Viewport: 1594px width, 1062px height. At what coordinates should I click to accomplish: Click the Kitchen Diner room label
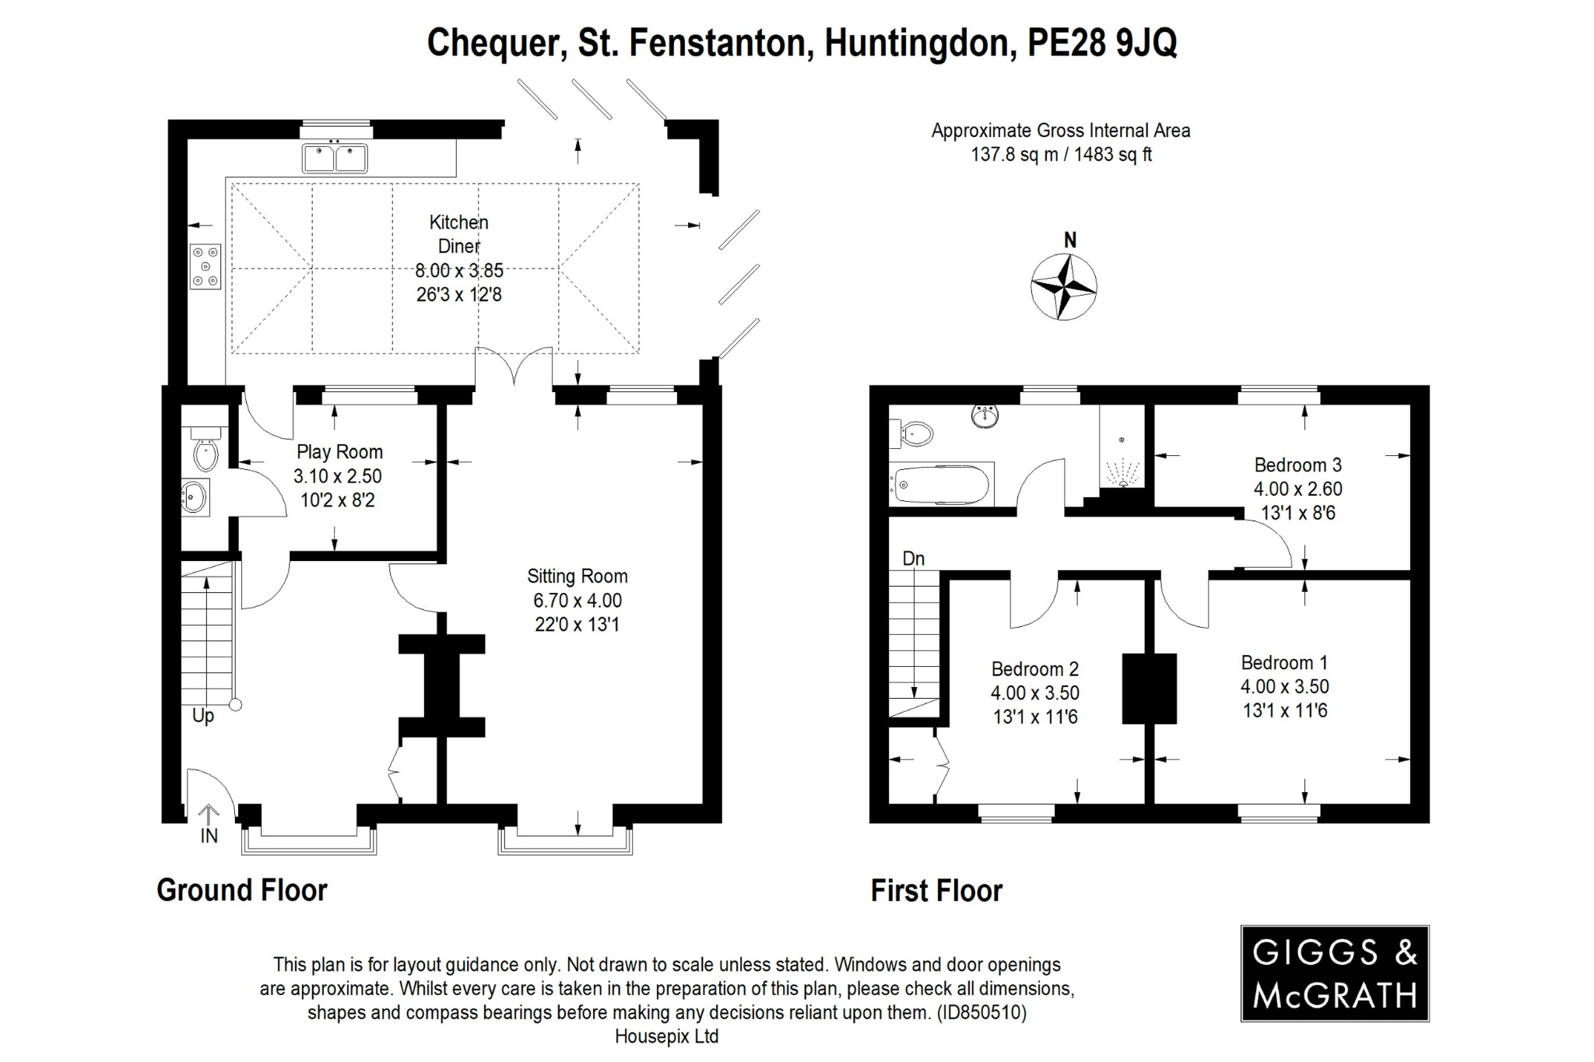(x=458, y=234)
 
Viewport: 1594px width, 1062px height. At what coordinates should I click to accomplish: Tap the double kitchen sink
(x=335, y=159)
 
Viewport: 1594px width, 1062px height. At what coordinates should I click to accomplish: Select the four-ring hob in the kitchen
(x=206, y=266)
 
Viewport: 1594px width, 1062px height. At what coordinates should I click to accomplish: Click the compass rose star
(x=1063, y=287)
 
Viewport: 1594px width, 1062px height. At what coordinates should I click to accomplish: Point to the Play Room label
(x=339, y=452)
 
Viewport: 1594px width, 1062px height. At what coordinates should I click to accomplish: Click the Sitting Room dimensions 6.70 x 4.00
(x=577, y=601)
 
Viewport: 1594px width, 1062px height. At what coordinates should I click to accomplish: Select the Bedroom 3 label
(x=1297, y=465)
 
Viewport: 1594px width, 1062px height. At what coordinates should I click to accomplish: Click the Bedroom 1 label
(x=1284, y=663)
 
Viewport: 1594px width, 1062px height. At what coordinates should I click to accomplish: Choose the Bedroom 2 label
(x=1034, y=669)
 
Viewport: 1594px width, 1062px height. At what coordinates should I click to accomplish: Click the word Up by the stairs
(x=202, y=716)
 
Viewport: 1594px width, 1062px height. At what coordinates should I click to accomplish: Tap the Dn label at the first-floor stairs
(x=913, y=559)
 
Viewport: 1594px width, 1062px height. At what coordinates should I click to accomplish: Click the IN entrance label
(x=209, y=836)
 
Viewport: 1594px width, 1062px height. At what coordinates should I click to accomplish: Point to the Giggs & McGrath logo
(x=1334, y=973)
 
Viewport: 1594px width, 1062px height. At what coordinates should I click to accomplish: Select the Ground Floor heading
(x=242, y=890)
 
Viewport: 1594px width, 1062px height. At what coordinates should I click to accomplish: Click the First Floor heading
(x=936, y=891)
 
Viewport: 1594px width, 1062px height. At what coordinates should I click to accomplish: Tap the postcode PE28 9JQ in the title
(x=1102, y=43)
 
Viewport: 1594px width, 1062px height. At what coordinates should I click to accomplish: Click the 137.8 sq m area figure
(x=1013, y=155)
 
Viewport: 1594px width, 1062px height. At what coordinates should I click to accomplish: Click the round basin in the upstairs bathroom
(x=985, y=416)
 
